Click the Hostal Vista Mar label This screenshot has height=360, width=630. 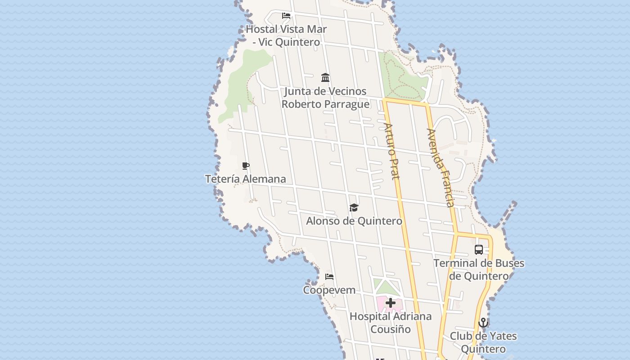coord(286,36)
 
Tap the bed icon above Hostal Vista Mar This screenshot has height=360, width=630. coord(286,16)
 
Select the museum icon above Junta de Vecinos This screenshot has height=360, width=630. coord(325,78)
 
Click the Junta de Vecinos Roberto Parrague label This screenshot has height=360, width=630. coord(325,98)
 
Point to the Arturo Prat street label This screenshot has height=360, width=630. coord(391,151)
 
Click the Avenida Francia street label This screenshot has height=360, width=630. coord(441,167)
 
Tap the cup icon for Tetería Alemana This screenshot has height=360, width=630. coord(246,166)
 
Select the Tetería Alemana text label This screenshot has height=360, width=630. coord(246,179)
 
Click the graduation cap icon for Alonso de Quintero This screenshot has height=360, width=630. coord(354,207)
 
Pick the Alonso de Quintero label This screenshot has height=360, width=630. coord(354,221)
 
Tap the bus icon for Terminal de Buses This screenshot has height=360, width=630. coord(479,250)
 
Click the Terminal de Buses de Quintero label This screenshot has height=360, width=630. coord(479,270)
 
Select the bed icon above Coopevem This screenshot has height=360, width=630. coord(329,277)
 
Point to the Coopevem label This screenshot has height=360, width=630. coord(329,290)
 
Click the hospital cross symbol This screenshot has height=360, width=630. coord(391,303)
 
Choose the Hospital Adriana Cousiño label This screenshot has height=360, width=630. coord(391,323)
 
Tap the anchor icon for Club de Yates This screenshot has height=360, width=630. coord(483,323)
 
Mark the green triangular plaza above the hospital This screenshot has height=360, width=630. coord(386,288)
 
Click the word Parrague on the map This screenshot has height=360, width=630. coord(347,104)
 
